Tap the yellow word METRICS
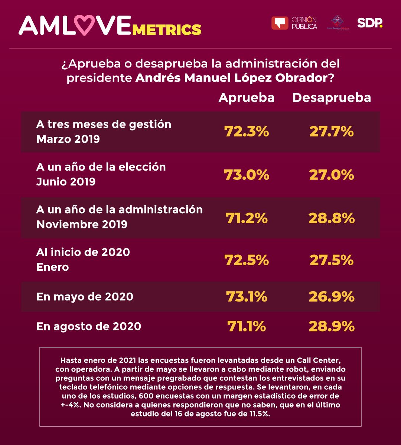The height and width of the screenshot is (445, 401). click(167, 29)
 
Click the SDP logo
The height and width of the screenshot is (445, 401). click(369, 23)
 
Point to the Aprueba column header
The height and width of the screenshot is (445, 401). click(247, 98)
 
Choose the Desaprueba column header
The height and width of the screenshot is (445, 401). click(332, 98)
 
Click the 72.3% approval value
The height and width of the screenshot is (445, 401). click(246, 132)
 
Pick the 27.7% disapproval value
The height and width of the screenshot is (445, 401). click(332, 132)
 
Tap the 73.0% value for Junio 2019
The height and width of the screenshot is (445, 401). click(246, 175)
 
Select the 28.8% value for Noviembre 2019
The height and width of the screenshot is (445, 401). click(332, 218)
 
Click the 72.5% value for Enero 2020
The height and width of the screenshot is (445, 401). click(246, 260)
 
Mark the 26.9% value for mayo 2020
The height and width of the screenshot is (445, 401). click(332, 297)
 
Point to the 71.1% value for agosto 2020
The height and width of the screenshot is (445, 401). click(246, 326)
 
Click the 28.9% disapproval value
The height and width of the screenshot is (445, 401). click(332, 326)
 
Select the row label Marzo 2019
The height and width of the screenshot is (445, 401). click(68, 139)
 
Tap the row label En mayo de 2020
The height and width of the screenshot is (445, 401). click(85, 297)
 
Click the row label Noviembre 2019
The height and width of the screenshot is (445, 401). click(82, 224)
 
